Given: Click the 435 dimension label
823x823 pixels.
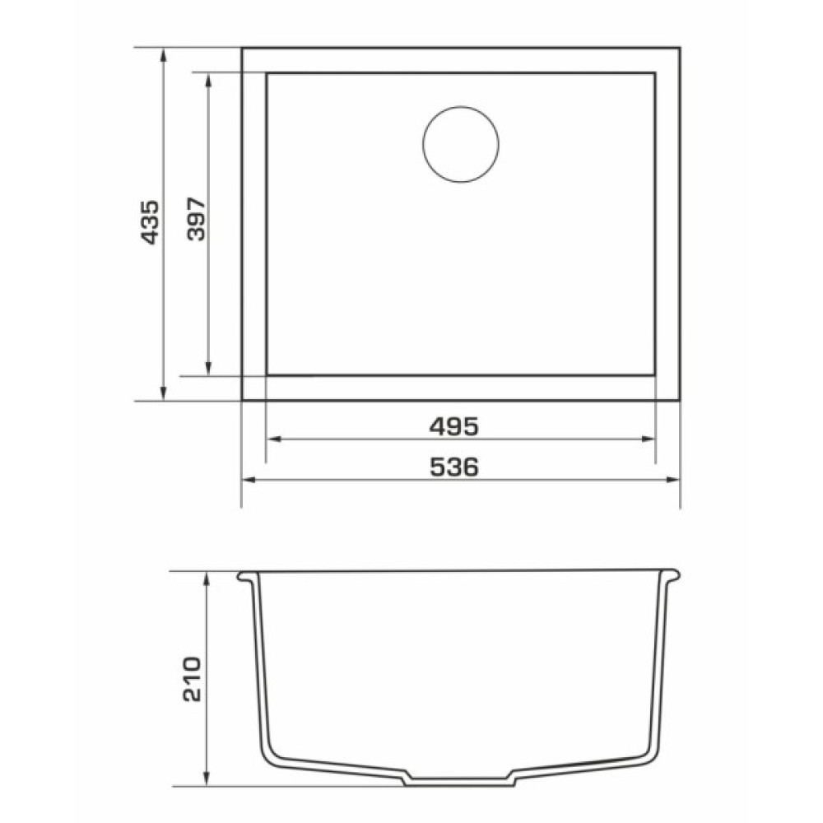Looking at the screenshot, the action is (x=150, y=222).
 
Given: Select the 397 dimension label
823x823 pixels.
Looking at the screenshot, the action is (x=197, y=219).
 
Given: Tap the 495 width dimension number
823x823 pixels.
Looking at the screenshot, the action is (x=454, y=426).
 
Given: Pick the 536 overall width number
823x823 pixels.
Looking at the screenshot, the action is (x=454, y=467).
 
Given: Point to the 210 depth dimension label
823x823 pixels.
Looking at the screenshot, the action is (x=192, y=679).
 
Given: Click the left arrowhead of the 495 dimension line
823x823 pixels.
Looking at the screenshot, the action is (x=273, y=439).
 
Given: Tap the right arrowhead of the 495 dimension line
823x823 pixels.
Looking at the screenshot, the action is (x=649, y=439).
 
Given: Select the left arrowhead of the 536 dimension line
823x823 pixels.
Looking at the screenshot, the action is (x=249, y=479).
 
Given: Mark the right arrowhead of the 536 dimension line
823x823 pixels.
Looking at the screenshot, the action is (x=673, y=479).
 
